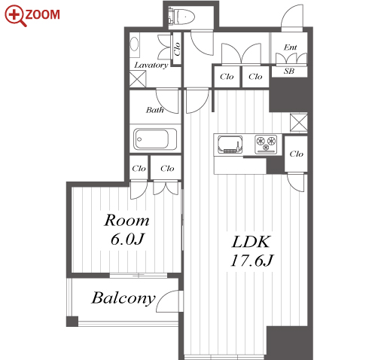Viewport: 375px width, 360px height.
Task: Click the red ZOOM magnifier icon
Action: click(x=15, y=16)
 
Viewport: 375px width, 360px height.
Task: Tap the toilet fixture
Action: click(x=181, y=17)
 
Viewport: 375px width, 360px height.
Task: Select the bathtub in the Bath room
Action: click(x=155, y=139)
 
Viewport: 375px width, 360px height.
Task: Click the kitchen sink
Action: click(x=230, y=145)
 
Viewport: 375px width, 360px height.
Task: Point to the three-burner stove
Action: click(x=266, y=144)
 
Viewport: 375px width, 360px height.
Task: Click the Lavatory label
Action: click(x=151, y=66)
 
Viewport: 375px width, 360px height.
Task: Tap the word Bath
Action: click(x=154, y=110)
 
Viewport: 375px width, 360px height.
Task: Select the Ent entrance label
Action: click(x=290, y=47)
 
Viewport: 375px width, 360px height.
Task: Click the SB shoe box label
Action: click(x=289, y=71)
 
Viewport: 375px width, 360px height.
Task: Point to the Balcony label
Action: click(x=123, y=298)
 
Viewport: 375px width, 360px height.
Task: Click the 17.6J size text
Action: click(x=252, y=261)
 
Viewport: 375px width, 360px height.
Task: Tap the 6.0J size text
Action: click(x=127, y=239)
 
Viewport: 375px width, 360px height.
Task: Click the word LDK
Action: click(x=251, y=242)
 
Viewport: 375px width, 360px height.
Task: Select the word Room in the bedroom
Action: click(x=127, y=221)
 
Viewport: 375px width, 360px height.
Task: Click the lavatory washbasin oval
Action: click(x=134, y=44)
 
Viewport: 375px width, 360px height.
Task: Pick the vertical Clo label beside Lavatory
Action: click(x=177, y=48)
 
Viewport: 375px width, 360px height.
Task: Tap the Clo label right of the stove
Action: click(x=296, y=154)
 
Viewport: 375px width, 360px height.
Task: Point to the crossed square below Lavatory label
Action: click(x=137, y=79)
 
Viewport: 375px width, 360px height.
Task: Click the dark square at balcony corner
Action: click(x=72, y=322)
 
